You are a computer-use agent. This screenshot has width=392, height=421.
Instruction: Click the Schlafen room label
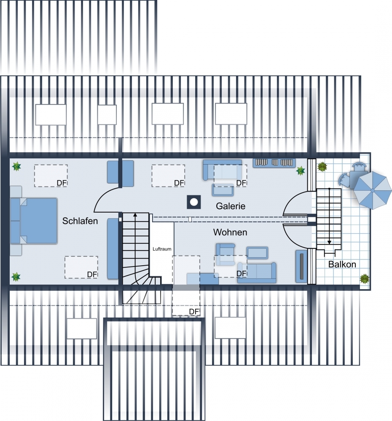(80, 221)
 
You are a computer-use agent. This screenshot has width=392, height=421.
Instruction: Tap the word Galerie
(231, 206)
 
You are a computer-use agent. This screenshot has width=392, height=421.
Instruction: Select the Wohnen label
(230, 232)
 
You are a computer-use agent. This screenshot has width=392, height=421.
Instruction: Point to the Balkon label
(342, 264)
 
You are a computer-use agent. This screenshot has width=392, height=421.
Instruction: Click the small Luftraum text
(162, 249)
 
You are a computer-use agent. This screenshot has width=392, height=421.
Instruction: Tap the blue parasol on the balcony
(372, 190)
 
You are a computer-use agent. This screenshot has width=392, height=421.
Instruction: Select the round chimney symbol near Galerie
(194, 202)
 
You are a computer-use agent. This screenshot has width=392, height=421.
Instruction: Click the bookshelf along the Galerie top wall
(274, 163)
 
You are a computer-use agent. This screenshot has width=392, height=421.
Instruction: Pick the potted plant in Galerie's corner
(300, 170)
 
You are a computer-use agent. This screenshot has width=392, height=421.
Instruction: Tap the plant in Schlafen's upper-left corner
(16, 166)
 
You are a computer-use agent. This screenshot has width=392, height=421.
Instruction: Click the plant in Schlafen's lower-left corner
(16, 277)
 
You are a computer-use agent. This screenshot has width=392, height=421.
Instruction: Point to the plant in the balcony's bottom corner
(365, 279)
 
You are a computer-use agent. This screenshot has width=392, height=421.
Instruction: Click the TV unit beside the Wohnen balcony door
(301, 266)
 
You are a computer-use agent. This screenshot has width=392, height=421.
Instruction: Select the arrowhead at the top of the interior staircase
(135, 215)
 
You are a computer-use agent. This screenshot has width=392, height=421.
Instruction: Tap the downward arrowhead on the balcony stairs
(329, 242)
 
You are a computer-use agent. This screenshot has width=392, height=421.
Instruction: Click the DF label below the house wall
(194, 312)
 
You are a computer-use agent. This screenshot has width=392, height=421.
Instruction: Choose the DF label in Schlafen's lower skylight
(92, 274)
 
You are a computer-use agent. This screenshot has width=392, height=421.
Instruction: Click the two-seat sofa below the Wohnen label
(257, 273)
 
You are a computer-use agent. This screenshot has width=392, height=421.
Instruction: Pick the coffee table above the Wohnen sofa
(257, 253)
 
